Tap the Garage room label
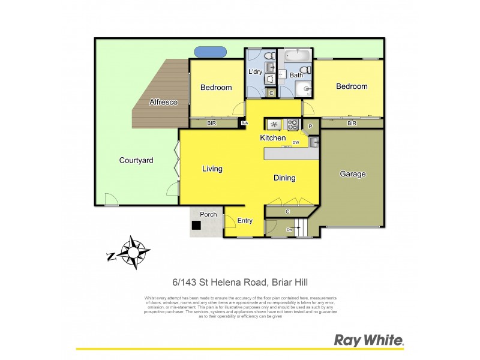pos(353,174)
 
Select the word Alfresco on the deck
pos(163,103)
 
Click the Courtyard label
pos(136,160)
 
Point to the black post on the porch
pos(196,226)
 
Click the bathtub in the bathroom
pos(296,56)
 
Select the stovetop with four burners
pos(293,125)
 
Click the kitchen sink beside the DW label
pos(314,142)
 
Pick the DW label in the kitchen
pos(296,143)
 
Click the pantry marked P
pos(310,126)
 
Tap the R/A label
pos(244,124)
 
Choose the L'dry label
pos(256,72)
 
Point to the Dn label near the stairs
pos(289,229)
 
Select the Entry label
pos(245,221)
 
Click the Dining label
pos(284,178)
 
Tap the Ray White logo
pos(368,340)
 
